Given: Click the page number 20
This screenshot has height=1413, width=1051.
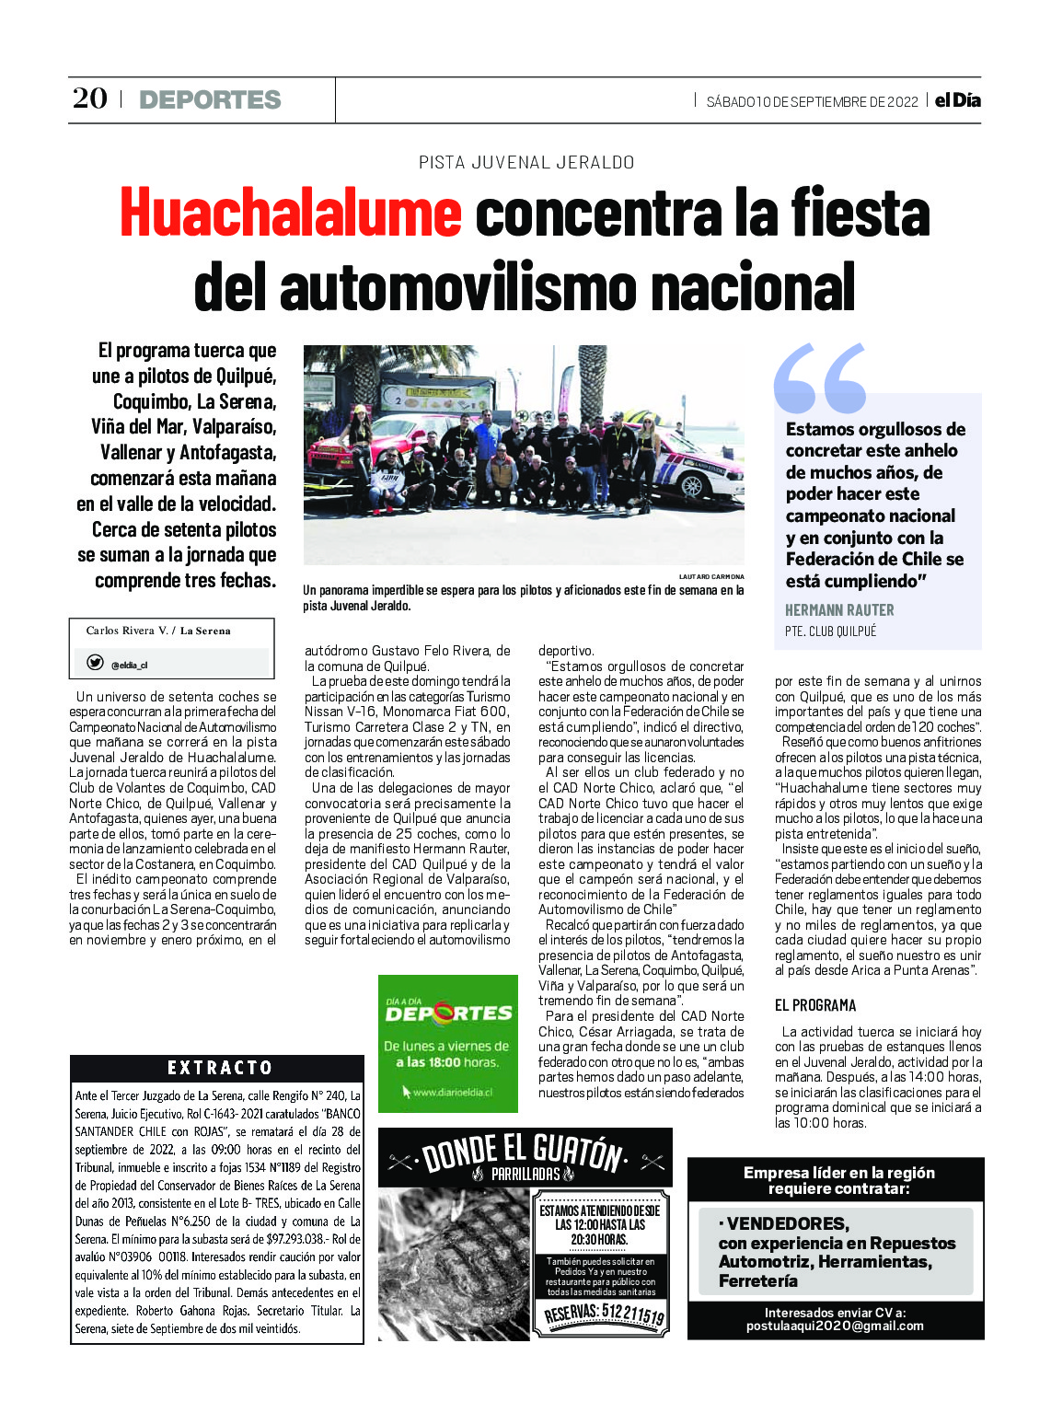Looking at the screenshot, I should (x=89, y=98).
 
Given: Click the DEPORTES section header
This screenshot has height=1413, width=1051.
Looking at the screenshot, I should (x=210, y=99).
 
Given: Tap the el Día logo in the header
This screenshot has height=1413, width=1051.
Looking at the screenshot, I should (x=957, y=100).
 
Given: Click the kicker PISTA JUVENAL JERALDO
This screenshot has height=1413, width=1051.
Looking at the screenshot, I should (x=526, y=163).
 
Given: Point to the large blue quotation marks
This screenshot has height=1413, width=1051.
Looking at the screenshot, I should (x=820, y=378).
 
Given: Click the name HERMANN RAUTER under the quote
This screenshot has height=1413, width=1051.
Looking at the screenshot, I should (x=839, y=610).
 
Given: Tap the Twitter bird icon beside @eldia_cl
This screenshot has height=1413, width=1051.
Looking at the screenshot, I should (x=95, y=663).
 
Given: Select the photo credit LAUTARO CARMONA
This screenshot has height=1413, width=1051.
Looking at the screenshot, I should (x=711, y=576).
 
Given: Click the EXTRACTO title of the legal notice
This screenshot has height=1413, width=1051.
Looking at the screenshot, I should (x=220, y=1068).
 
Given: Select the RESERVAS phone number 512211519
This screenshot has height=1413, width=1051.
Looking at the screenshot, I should (x=604, y=1312).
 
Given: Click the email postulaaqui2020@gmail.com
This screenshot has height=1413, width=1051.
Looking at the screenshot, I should (x=835, y=1326).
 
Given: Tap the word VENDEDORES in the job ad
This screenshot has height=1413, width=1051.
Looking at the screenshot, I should (x=787, y=1223).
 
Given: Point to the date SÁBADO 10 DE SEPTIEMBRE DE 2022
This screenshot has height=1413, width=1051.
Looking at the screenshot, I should (x=812, y=102).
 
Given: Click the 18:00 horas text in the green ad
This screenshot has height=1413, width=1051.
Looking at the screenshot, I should (x=459, y=1062).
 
